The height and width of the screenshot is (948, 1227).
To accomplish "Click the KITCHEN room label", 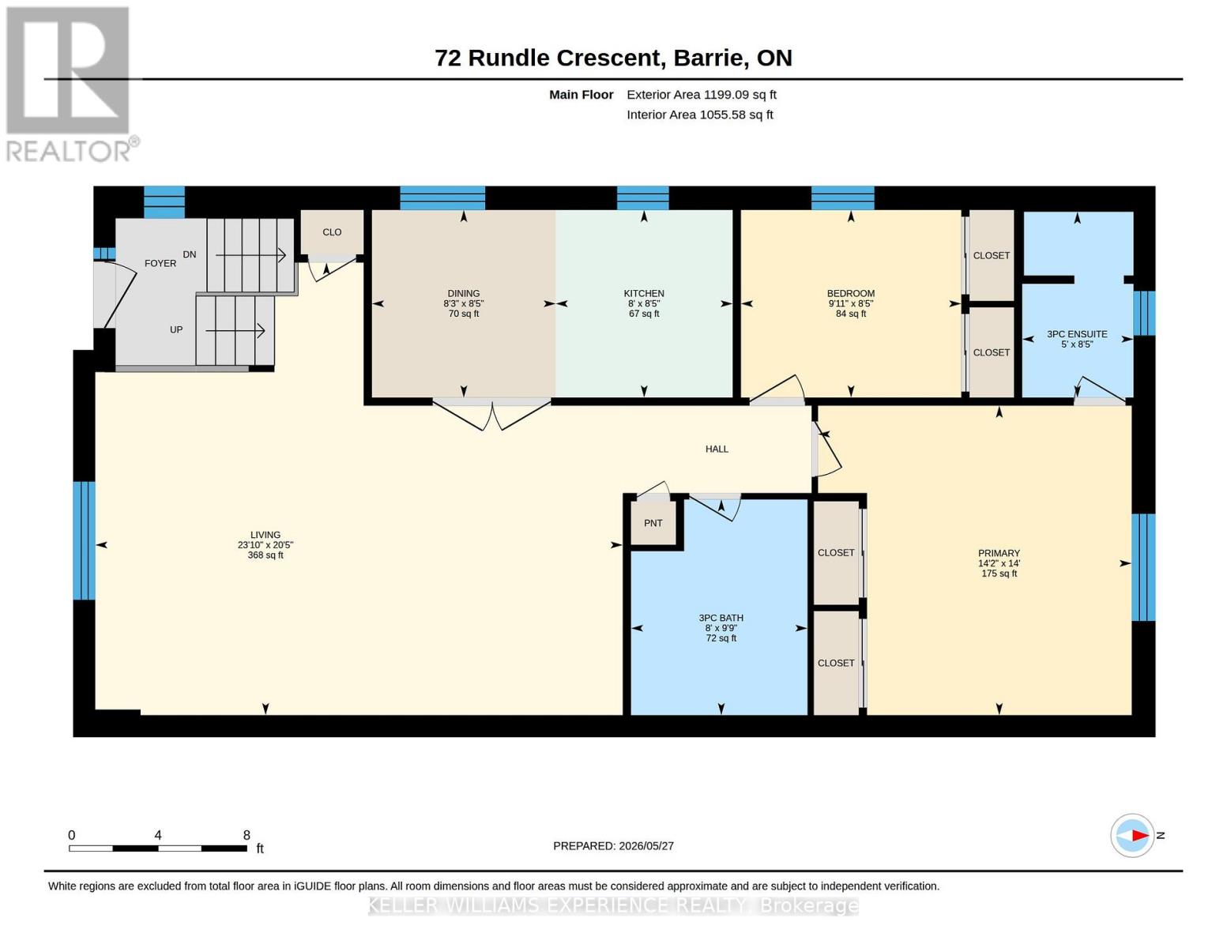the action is (643, 293).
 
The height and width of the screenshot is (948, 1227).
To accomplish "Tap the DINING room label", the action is (463, 293).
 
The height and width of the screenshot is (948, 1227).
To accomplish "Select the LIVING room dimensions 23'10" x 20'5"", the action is (265, 545).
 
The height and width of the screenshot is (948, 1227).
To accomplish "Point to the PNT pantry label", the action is (653, 523).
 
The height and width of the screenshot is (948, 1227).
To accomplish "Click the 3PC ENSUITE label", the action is (1076, 333).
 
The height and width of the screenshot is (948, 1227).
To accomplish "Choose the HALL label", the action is (716, 449).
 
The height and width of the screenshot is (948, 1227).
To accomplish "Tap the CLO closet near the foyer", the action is (332, 232).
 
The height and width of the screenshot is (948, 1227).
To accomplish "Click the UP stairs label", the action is (175, 329).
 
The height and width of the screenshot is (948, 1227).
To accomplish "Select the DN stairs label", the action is (189, 254).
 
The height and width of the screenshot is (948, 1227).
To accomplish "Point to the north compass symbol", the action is (1131, 835).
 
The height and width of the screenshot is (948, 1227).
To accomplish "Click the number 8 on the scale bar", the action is (247, 834).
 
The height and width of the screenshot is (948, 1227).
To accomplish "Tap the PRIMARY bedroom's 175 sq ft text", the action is (999, 573).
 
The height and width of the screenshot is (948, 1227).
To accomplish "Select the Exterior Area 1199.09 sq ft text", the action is (702, 95).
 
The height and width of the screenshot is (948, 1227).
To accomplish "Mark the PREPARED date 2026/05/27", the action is (646, 846).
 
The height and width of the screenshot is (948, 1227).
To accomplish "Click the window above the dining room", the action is (442, 197).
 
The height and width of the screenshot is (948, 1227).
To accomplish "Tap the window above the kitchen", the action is (642, 197).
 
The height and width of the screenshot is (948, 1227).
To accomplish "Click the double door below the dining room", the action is (491, 415).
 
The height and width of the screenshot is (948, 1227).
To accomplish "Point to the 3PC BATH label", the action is (721, 618).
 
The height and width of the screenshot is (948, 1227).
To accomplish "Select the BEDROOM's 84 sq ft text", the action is (850, 314).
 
